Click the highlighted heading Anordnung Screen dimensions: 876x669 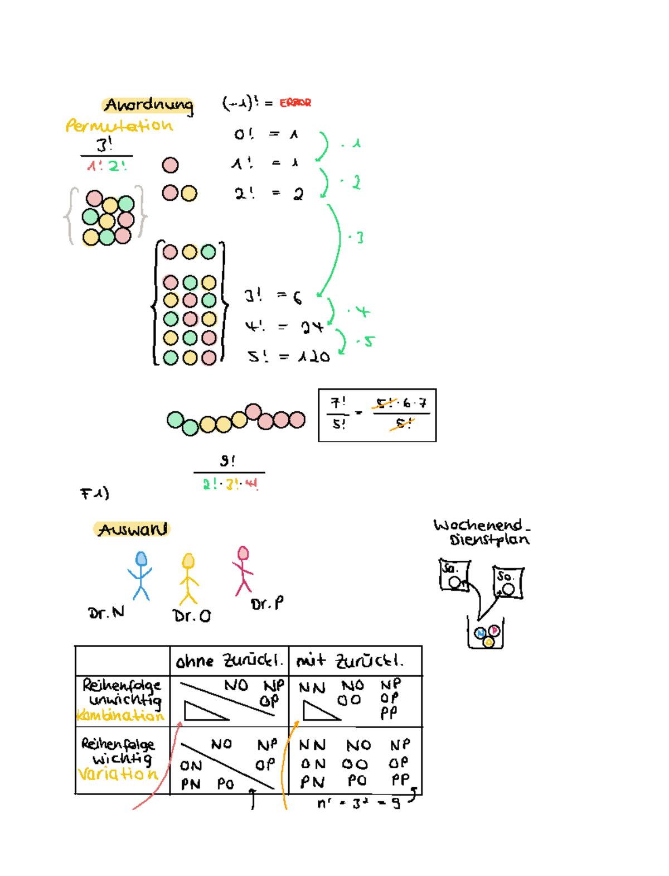[148, 105]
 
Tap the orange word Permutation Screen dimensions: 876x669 [119, 126]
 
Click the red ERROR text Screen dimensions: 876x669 [295, 103]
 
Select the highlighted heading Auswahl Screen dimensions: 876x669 [132, 529]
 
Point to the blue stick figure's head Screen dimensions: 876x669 [141, 559]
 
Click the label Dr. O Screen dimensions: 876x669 [192, 616]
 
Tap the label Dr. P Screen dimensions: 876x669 [267, 604]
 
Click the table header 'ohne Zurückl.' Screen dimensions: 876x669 [229, 661]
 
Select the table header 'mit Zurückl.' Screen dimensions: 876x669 [350, 661]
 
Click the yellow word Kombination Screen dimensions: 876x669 [120, 715]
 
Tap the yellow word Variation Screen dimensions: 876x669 [118, 774]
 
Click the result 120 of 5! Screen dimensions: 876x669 [314, 357]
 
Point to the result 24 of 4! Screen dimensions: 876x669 [312, 327]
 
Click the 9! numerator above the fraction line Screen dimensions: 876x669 [227, 461]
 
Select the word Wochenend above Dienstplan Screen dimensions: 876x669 [478, 525]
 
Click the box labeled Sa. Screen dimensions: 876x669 [454, 575]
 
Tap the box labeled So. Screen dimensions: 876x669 [507, 582]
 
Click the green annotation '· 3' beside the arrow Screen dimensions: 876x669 [357, 238]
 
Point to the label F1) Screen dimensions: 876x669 [95, 493]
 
